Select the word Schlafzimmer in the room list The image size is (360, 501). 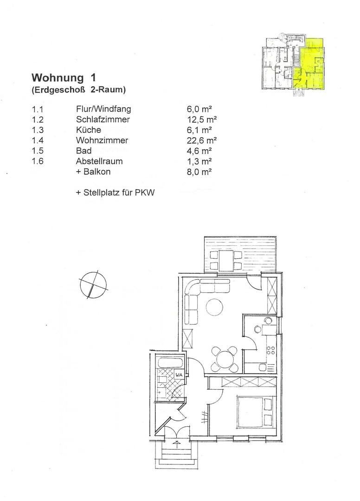(x=103, y=120)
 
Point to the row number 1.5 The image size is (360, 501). (x=37, y=151)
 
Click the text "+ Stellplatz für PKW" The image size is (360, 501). (x=115, y=192)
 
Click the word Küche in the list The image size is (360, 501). (x=88, y=130)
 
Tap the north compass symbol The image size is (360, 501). (x=93, y=284)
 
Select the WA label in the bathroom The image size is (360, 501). (x=178, y=375)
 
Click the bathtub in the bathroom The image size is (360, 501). (x=170, y=363)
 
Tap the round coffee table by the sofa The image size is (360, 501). (x=215, y=307)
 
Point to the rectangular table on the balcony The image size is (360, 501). (x=226, y=260)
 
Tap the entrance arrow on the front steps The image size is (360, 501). (x=177, y=443)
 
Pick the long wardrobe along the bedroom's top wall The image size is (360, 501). (x=249, y=382)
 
